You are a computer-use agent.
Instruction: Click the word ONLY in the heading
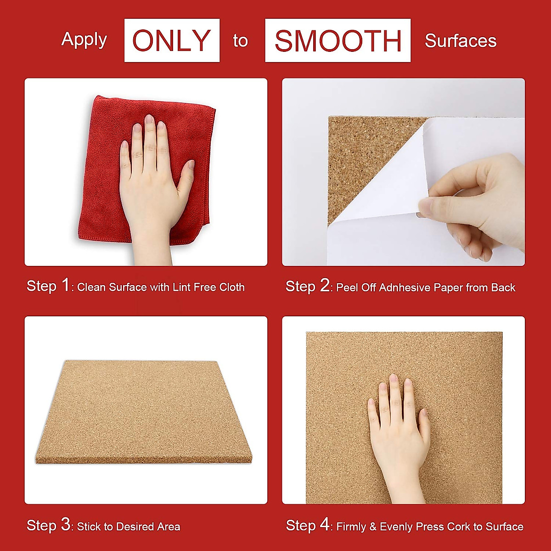pyautogui.click(x=172, y=40)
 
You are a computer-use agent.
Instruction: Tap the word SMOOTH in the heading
pyautogui.click(x=337, y=40)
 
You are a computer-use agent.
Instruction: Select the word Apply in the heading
pyautogui.click(x=84, y=40)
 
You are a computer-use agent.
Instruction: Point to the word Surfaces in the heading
pyautogui.click(x=461, y=41)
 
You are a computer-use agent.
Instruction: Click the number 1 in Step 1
pyautogui.click(x=66, y=286)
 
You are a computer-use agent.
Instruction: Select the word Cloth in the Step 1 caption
pyautogui.click(x=232, y=287)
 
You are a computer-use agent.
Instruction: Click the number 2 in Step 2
pyautogui.click(x=325, y=286)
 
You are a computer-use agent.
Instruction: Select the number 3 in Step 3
pyautogui.click(x=66, y=525)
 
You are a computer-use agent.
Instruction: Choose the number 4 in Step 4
pyautogui.click(x=325, y=525)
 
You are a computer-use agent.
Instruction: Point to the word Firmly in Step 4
pyautogui.click(x=351, y=527)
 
